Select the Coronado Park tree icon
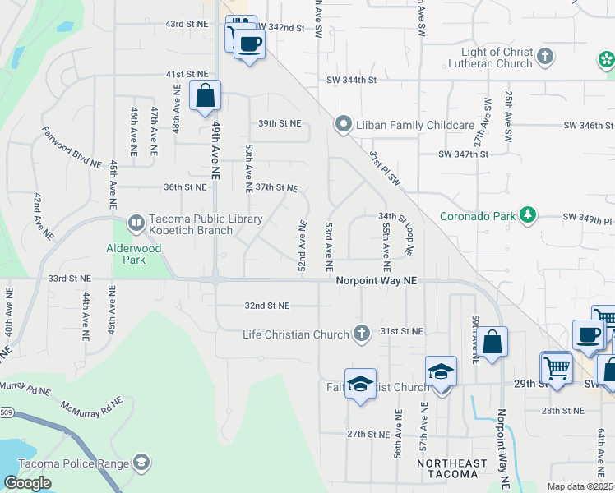pyautogui.click(x=528, y=216)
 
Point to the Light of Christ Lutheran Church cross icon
pyautogui.click(x=544, y=57)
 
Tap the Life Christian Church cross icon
pyautogui.click(x=360, y=334)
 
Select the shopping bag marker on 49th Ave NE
pyautogui.click(x=205, y=95)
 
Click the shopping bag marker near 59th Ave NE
pyautogui.click(x=492, y=343)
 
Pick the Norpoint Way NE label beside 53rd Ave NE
pyautogui.click(x=377, y=281)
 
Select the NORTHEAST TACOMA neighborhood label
pyautogui.click(x=446, y=468)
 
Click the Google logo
pyautogui.click(x=27, y=483)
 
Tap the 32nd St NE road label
pyautogui.click(x=267, y=306)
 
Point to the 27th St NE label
pyautogui.click(x=367, y=434)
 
